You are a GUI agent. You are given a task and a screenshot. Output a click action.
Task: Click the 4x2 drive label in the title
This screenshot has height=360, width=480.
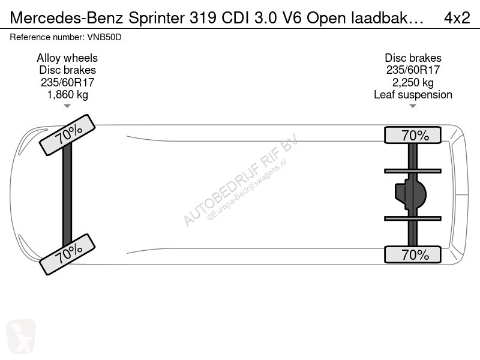[x=457, y=18]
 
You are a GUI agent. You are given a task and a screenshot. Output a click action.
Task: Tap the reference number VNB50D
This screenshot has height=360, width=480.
[x=104, y=37]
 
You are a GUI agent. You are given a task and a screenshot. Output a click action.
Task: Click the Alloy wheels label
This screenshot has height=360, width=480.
[x=67, y=58]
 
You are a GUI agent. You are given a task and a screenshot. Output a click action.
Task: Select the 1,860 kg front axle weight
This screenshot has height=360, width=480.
[x=67, y=95]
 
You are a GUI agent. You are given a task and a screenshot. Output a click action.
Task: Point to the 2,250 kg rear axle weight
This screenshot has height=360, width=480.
[x=413, y=82]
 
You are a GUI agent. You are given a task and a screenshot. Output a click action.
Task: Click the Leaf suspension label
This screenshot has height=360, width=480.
[x=413, y=95]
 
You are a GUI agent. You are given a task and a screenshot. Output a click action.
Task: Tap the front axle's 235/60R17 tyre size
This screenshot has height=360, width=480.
[x=67, y=82]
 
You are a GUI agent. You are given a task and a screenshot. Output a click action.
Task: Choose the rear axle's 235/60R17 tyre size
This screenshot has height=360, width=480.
[x=413, y=70]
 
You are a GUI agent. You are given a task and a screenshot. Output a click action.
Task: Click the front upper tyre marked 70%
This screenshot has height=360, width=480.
[x=67, y=135]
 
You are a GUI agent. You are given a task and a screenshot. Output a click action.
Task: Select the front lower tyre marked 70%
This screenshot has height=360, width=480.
[x=67, y=254]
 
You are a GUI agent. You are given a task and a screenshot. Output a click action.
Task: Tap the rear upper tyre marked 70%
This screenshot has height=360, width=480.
[x=413, y=135]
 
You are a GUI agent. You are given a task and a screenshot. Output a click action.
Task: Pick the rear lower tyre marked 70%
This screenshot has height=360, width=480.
[x=413, y=254]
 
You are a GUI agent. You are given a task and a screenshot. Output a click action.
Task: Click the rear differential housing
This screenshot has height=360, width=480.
[x=410, y=194]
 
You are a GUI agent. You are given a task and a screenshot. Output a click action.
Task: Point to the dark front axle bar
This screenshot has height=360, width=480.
[x=67, y=194]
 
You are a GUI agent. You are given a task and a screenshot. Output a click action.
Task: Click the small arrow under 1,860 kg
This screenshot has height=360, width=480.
[x=67, y=106]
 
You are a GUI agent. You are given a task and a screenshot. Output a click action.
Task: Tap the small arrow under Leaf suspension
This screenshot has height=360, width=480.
[x=413, y=106]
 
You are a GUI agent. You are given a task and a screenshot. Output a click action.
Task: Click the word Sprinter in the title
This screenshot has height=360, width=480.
[x=157, y=19]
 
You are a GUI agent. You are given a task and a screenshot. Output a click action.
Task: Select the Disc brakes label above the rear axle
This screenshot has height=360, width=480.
[x=413, y=58]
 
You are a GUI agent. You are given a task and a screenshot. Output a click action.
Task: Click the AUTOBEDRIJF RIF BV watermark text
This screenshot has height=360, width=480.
[x=241, y=180]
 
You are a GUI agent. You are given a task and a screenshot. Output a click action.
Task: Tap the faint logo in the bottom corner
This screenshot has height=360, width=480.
[x=21, y=336]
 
